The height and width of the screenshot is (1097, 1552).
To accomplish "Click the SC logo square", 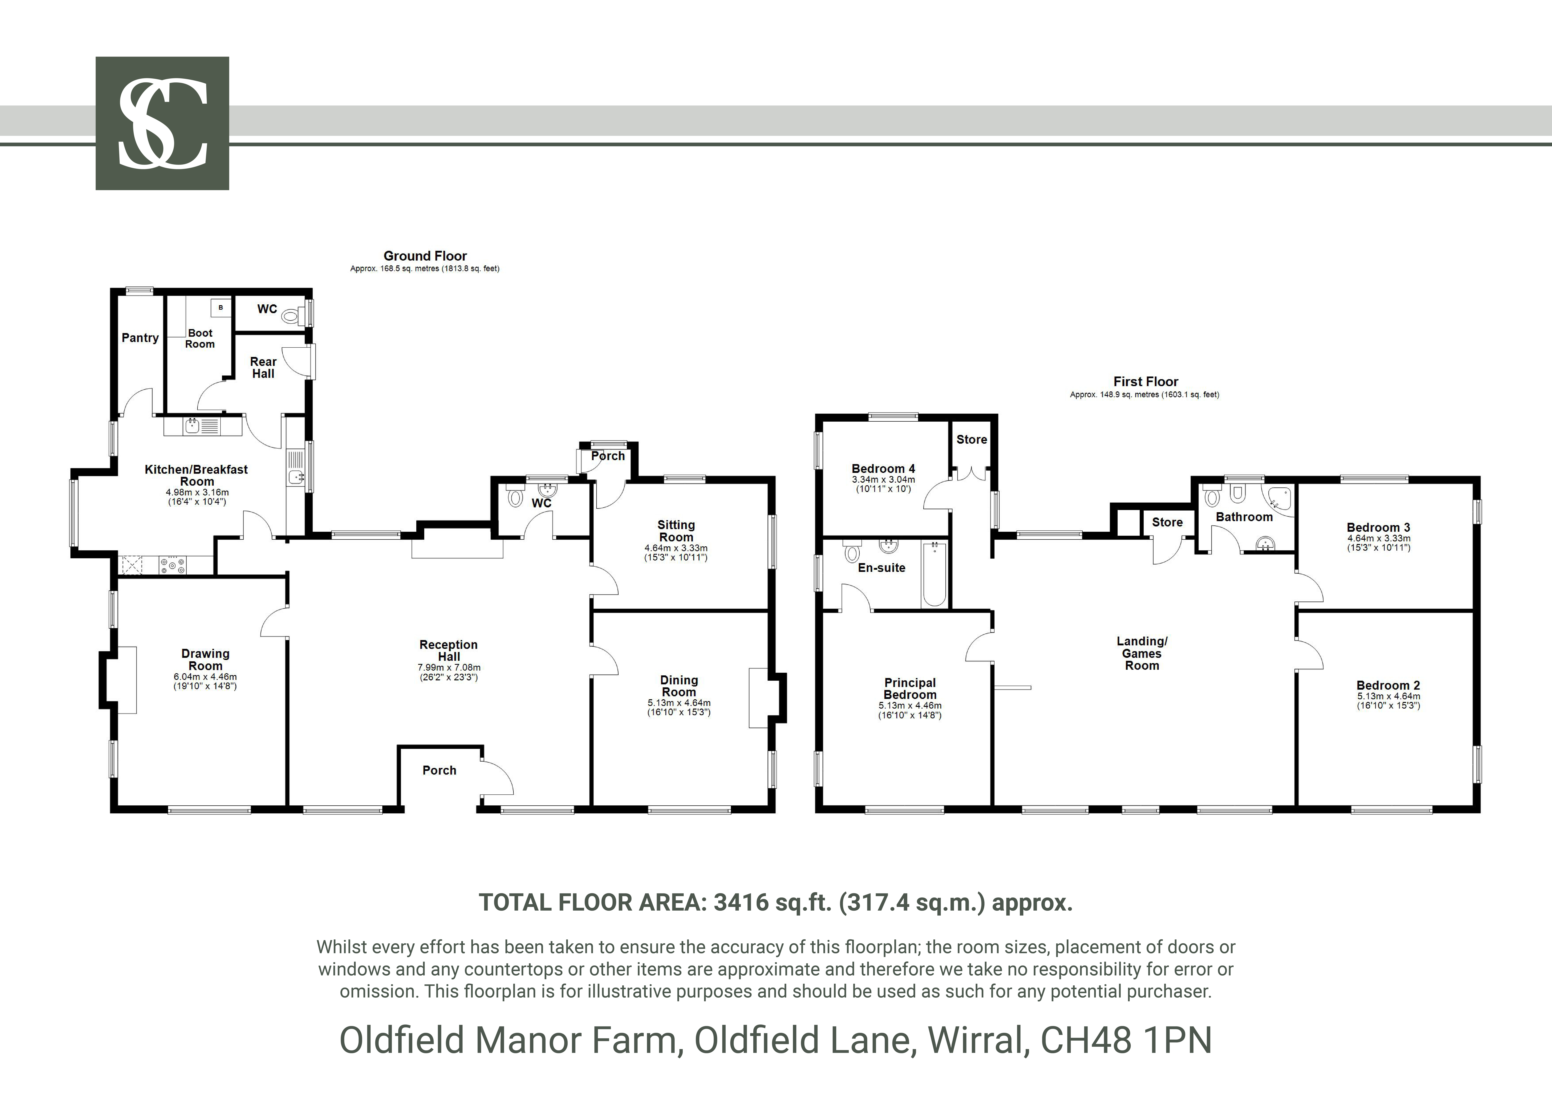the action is [x=162, y=123].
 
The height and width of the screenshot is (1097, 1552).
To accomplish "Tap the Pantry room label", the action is [x=140, y=338].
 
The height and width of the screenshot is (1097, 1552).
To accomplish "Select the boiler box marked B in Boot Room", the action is [x=220, y=308].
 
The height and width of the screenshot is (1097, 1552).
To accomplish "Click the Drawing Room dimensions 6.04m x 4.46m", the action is [x=205, y=677].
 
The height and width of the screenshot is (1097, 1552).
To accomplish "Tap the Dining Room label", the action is [x=679, y=686].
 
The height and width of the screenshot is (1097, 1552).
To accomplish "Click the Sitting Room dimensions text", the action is [x=676, y=553].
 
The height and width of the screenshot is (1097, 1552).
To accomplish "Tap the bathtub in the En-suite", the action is [x=934, y=573].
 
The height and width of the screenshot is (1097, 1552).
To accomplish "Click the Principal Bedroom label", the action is [x=910, y=689].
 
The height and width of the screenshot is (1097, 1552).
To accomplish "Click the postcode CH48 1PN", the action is [x=1126, y=1040].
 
